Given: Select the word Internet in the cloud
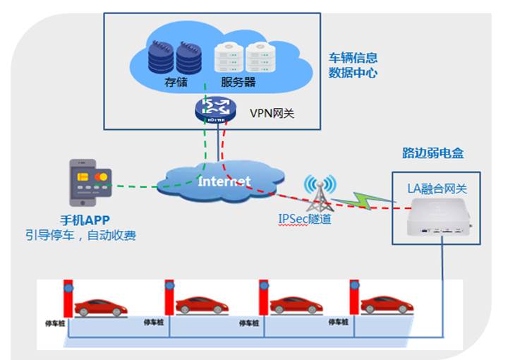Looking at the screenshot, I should [x=224, y=181].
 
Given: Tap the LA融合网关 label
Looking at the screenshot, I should [x=437, y=188].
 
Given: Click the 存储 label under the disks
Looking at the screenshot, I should [x=176, y=83].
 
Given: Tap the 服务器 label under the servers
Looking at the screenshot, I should [x=238, y=83].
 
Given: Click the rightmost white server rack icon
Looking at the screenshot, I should [x=260, y=58].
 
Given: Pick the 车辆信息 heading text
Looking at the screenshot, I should [x=353, y=57].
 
